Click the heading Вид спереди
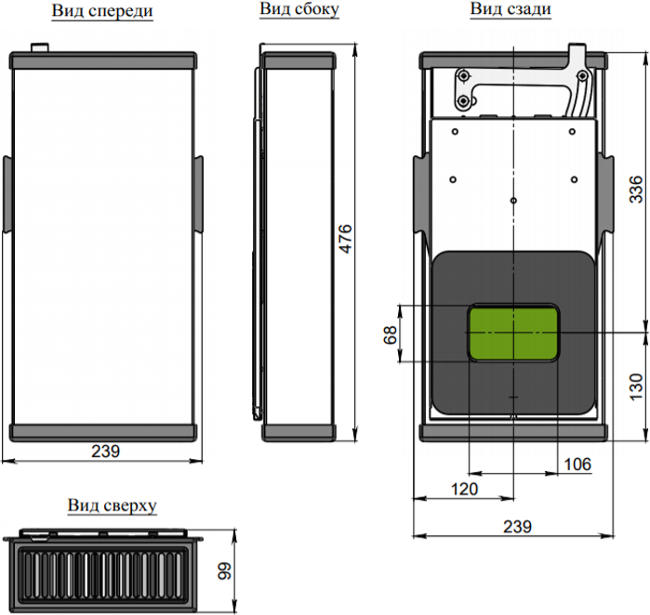tap(102, 11)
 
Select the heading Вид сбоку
tap(299, 9)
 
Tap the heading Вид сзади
tap(511, 8)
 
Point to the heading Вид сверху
tap(112, 505)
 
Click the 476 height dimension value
tap(345, 238)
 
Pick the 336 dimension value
tap(635, 190)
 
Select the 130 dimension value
tap(635, 386)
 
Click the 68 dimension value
tap(390, 334)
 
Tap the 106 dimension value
tap(577, 465)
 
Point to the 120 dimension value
tap(464, 489)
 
